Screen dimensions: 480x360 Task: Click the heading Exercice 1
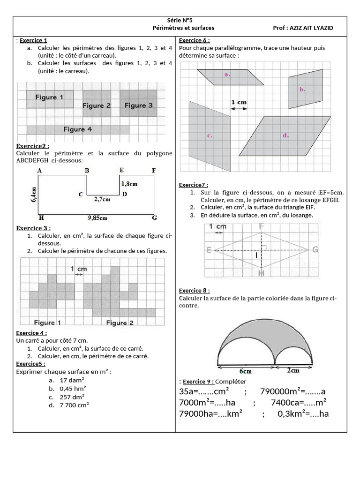click(x=33, y=40)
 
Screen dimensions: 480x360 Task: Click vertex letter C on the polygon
click(x=81, y=194)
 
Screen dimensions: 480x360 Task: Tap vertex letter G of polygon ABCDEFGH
click(x=154, y=218)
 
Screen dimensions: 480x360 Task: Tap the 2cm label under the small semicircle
click(x=293, y=370)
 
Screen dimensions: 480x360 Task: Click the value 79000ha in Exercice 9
click(x=197, y=413)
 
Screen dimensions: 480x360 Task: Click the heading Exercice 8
click(x=194, y=291)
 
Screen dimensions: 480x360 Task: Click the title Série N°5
click(x=180, y=21)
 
